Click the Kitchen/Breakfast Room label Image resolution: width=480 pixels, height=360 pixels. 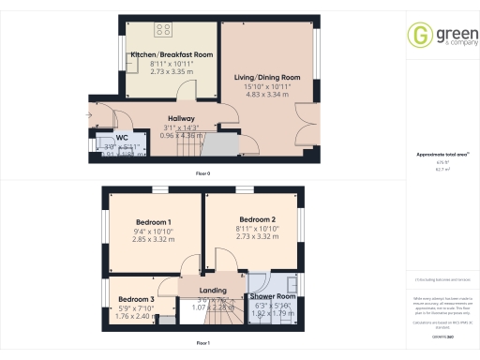172,55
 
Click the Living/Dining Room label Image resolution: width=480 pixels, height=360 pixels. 266,77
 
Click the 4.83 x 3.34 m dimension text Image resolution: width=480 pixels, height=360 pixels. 266,94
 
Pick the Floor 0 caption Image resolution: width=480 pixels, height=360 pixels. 202,174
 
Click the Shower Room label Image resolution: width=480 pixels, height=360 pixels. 273,296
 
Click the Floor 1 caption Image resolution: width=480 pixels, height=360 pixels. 202,344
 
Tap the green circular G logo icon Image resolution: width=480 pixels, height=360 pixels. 418,36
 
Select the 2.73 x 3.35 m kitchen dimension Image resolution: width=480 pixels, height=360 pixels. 172,70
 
